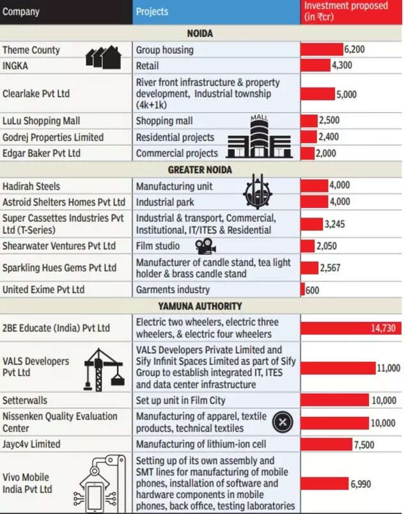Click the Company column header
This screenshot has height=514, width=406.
coord(21,11)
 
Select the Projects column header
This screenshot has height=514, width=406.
coord(152,11)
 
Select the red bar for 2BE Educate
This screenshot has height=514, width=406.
coord(351,328)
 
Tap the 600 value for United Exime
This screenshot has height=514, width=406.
coord(312,290)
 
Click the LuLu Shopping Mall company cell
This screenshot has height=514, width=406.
coord(42,121)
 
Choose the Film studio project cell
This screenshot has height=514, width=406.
coord(157,246)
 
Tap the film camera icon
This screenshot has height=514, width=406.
coord(205,246)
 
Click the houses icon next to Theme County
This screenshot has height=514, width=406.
coord(104,57)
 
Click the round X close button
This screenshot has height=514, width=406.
coord(283,422)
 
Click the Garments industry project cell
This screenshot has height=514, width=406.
coord(173,290)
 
